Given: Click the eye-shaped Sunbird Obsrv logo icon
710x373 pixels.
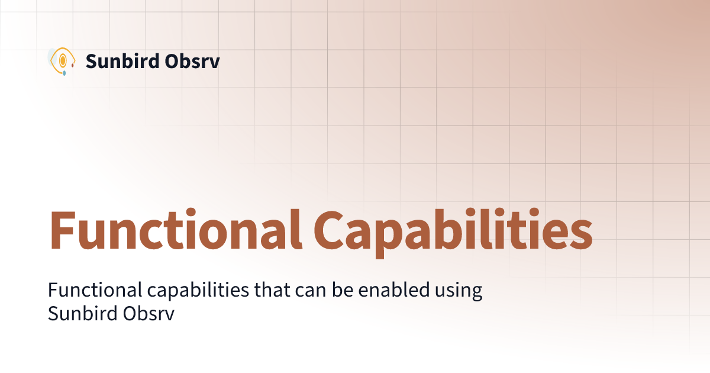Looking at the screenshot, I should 62,61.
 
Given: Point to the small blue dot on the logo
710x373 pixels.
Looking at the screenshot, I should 64,73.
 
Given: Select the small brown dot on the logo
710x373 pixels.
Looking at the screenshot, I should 73,65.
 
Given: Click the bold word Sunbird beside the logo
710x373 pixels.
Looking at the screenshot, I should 122,61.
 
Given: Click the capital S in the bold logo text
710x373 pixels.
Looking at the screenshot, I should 92,61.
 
